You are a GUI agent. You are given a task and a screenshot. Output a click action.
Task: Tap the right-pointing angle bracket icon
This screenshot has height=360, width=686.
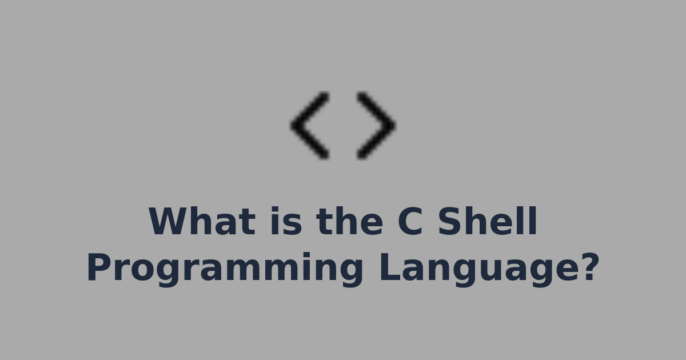coord(376,125)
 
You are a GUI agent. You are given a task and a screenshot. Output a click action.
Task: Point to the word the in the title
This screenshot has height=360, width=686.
coord(349,222)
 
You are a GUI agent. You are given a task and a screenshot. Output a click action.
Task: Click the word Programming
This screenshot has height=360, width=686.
coord(225,269)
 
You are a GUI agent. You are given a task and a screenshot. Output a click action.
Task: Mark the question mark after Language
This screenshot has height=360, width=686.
coord(588,266)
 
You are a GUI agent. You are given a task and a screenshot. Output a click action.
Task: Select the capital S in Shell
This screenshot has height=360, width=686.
coord(450,222)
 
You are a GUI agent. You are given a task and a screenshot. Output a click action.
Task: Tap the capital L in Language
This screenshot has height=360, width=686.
coord(389,267)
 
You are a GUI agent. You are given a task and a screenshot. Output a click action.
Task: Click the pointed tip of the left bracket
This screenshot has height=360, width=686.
coord(293,125)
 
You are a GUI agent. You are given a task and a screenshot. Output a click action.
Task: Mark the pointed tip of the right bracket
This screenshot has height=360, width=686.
coord(393,125)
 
